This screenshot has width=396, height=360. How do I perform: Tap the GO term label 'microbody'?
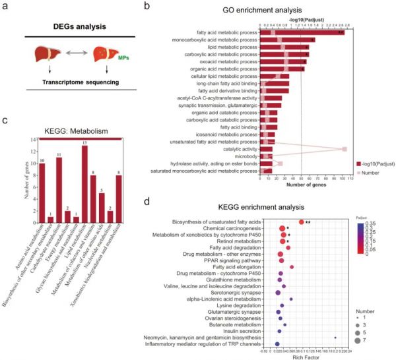coord(244,156)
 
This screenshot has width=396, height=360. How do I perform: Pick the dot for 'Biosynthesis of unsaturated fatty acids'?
coord(302,222)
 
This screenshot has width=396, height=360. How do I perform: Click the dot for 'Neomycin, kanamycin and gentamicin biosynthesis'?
coord(335,338)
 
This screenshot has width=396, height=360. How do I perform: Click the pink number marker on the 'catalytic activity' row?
coord(345,150)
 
